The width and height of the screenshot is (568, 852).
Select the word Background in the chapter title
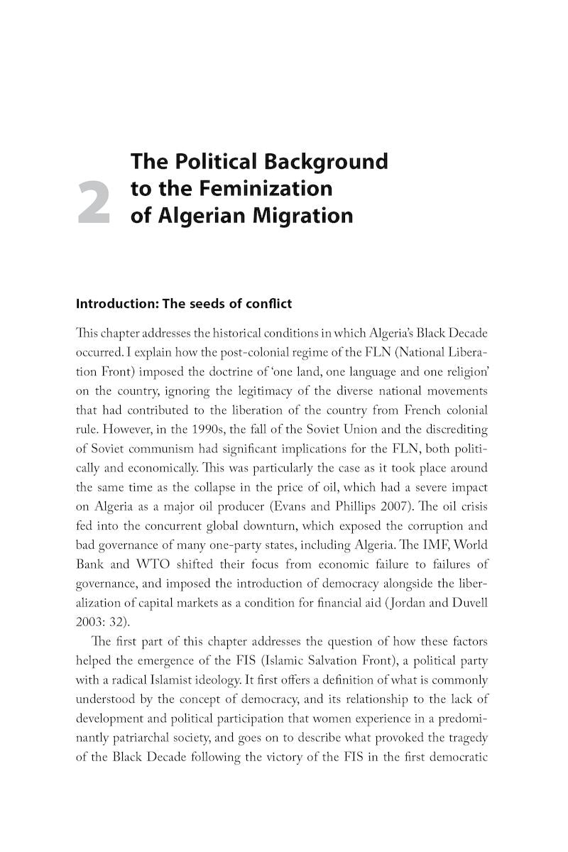click(326, 161)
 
